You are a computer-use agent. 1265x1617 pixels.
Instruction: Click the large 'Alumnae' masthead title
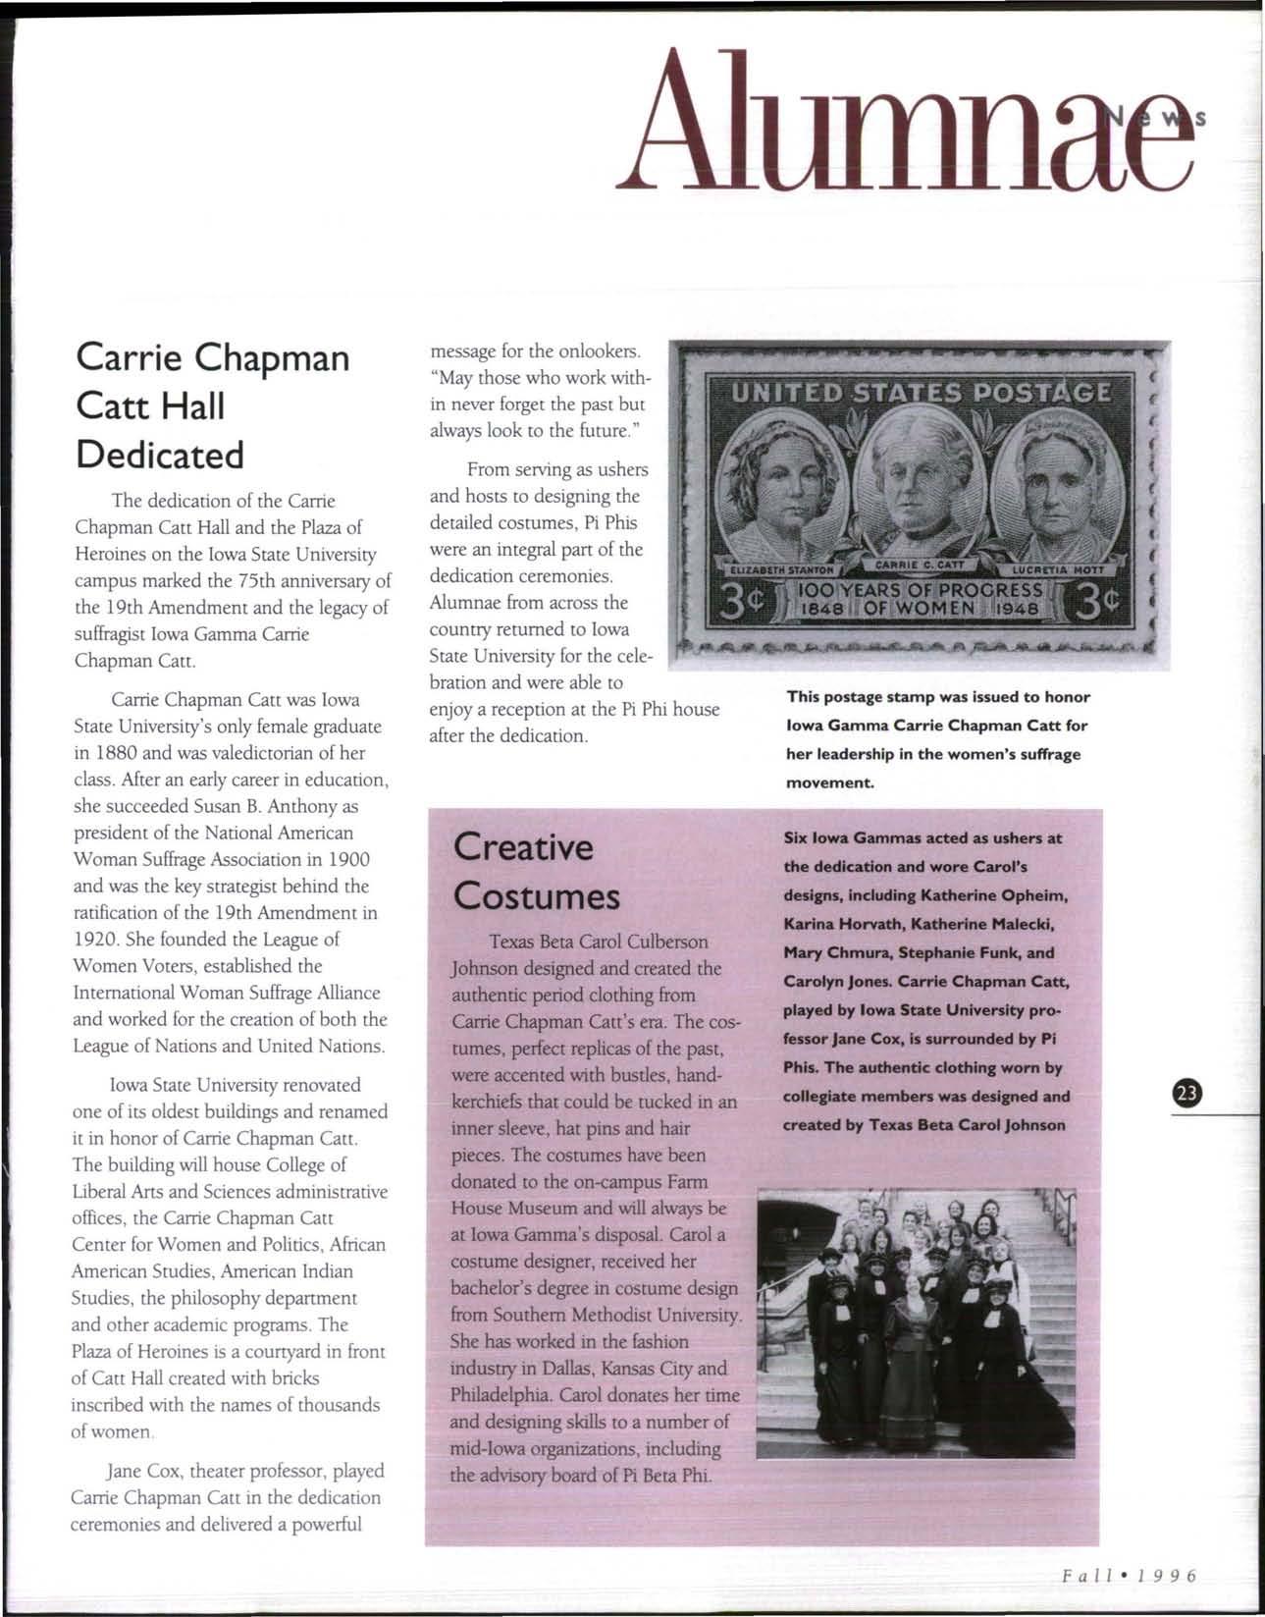point(903,123)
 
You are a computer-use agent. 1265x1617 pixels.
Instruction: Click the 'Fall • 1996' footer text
point(1130,1577)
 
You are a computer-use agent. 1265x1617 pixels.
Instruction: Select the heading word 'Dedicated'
point(160,455)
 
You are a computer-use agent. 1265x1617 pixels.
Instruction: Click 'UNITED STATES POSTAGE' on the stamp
point(922,395)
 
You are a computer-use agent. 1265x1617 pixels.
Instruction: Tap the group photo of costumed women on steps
point(917,1322)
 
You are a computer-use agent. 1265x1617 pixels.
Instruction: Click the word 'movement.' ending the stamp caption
point(829,783)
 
